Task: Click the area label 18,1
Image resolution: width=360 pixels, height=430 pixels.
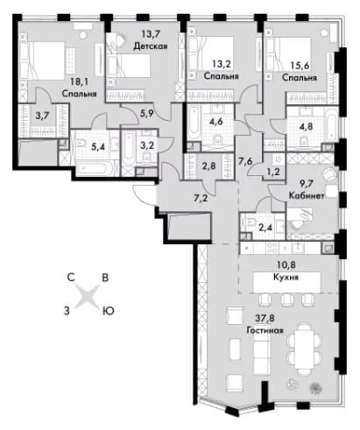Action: pos(79,81)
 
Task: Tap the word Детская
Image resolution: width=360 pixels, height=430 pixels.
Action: pos(151,46)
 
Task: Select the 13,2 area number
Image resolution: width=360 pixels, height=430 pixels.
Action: pos(221,64)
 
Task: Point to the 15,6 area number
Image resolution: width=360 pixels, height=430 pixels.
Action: pos(300,67)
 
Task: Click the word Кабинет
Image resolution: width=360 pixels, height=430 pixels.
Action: pos(307,195)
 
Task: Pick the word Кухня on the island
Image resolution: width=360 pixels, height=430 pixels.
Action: pos(286,277)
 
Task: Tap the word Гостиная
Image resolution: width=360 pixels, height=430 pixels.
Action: pos(265,330)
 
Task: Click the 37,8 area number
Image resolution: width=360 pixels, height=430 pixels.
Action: pos(265,318)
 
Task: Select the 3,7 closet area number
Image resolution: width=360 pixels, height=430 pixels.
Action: pos(42,116)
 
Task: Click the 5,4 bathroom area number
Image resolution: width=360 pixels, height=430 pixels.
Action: pos(97,147)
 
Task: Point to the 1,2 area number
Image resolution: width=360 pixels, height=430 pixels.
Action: pos(274,172)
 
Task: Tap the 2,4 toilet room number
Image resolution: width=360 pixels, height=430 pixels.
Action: pos(265,227)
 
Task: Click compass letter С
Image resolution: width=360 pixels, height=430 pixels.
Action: pos(71,278)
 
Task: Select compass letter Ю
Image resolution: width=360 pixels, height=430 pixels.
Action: pos(108,312)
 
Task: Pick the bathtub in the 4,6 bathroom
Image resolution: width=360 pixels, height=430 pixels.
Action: pos(193,123)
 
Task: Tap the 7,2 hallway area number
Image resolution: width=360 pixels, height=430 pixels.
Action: pos(201,199)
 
